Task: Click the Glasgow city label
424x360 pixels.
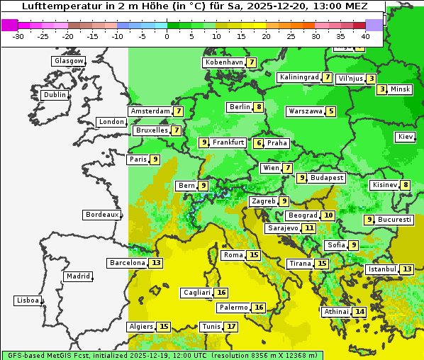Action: pos(68,61)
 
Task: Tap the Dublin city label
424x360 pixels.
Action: pos(54,95)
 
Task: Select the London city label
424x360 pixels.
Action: pos(111,122)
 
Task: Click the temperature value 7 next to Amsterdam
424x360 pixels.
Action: pos(179,111)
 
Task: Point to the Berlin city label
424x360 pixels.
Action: pos(240,107)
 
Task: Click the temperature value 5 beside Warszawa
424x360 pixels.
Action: pos(330,111)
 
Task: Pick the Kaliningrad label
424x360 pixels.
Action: pos(299,77)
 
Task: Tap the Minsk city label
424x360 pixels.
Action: pos(401,89)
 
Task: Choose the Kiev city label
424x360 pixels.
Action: pos(406,136)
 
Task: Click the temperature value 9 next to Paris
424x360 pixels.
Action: pos(155,159)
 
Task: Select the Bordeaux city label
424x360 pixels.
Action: pos(101,215)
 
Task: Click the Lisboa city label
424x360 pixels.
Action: pos(27,300)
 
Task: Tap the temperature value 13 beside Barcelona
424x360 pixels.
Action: pos(156,263)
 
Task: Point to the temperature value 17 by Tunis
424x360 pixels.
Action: pos(231,327)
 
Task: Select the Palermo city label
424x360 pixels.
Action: pos(233,308)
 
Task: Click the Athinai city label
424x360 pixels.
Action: pos(336,312)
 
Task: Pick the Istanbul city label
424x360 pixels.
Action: pos(381,269)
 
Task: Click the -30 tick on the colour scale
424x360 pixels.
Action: pos(18,35)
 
